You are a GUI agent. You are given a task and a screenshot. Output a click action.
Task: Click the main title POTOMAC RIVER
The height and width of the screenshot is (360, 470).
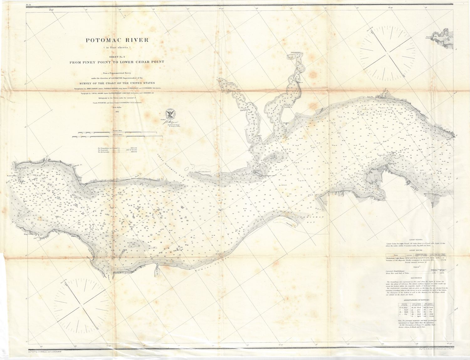pos(118,40)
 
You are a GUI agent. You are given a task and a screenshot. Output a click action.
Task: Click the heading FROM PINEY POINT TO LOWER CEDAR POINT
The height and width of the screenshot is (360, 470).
pos(117,62)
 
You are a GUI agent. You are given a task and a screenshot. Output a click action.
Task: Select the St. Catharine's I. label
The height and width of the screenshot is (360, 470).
pos(205,172)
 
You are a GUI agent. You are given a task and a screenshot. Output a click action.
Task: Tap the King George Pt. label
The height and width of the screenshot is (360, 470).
pos(30,234)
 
